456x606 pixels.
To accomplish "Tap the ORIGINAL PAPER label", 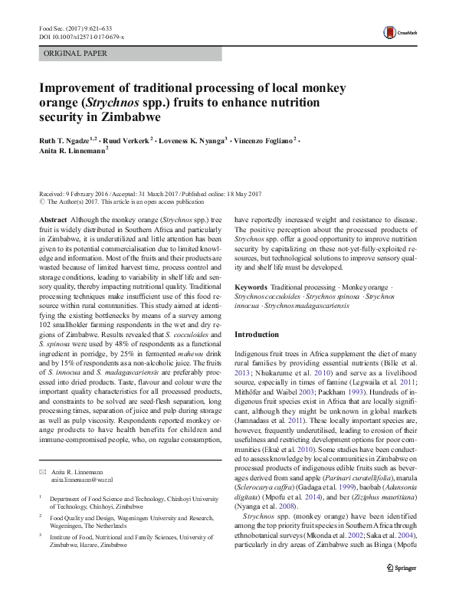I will click(75, 54).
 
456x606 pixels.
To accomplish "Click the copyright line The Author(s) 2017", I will click(116, 202).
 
